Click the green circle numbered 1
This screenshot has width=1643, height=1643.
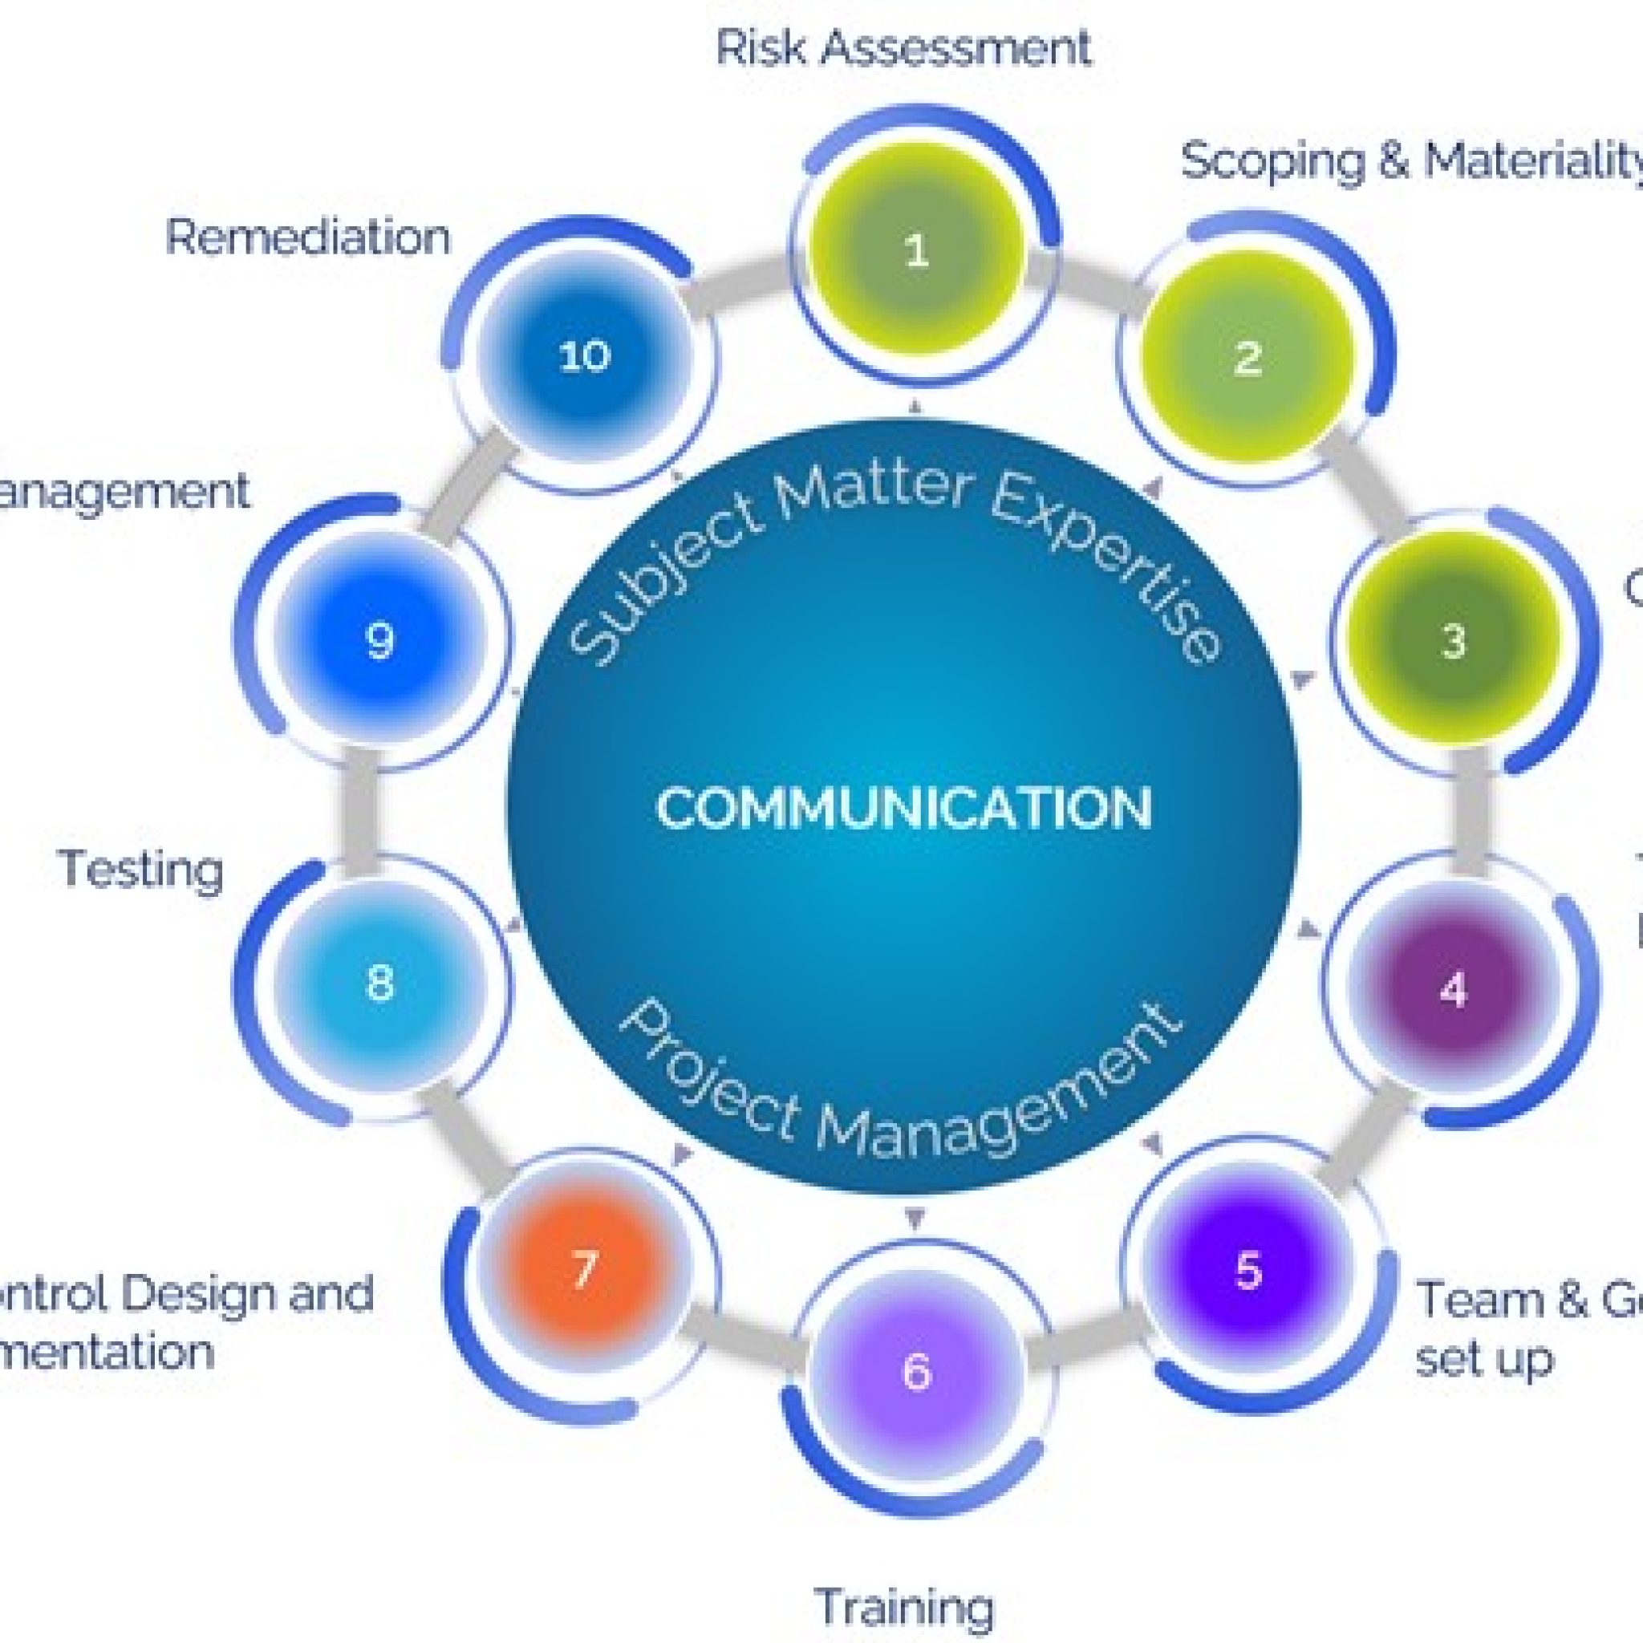click(x=916, y=250)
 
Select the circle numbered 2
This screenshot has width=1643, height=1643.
click(x=1247, y=357)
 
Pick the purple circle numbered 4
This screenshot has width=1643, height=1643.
click(x=1454, y=989)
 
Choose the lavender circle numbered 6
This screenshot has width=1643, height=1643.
click(x=916, y=1371)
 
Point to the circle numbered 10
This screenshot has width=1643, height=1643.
click(x=584, y=355)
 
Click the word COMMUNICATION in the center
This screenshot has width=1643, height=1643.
click(x=904, y=808)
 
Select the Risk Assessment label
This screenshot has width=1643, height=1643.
click(x=903, y=47)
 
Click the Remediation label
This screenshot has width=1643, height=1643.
click(x=308, y=237)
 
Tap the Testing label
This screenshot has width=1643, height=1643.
click(x=141, y=869)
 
